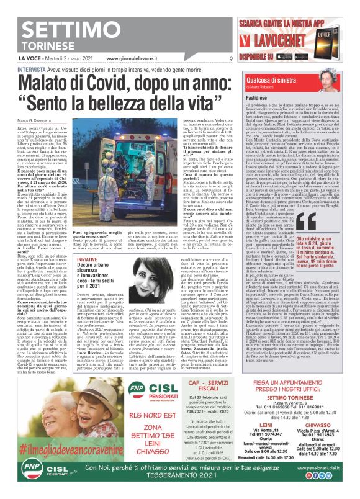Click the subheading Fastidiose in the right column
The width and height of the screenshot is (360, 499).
(258, 99)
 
